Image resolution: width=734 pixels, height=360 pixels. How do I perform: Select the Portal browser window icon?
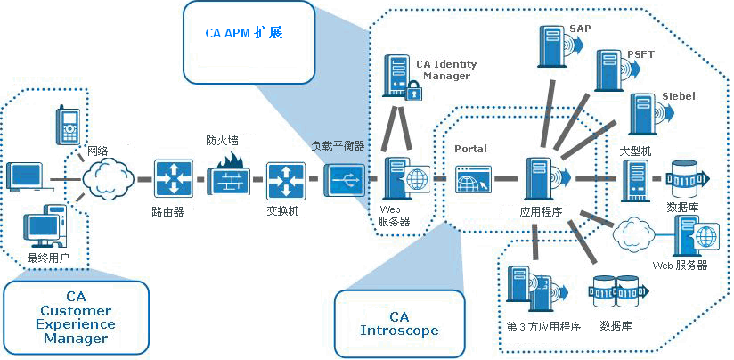pyautogui.click(x=472, y=179)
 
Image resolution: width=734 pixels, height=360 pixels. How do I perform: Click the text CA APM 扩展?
pyautogui.click(x=243, y=32)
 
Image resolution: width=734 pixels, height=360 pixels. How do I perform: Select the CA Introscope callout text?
pyautogui.click(x=400, y=323)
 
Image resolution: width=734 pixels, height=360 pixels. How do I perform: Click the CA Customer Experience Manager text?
pyautogui.click(x=76, y=317)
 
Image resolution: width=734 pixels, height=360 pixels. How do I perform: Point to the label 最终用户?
pyautogui.click(x=48, y=258)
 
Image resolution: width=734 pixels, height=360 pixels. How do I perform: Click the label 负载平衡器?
pyautogui.click(x=337, y=145)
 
